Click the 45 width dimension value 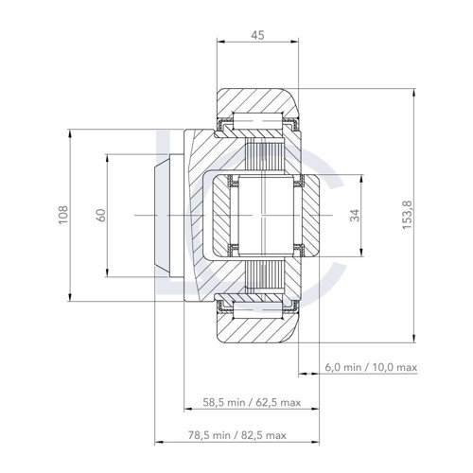coord(256,37)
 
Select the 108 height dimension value coord(61,215)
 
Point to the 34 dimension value coord(355,216)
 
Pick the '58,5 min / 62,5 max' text coord(252,401)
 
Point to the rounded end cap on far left coord(162,216)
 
